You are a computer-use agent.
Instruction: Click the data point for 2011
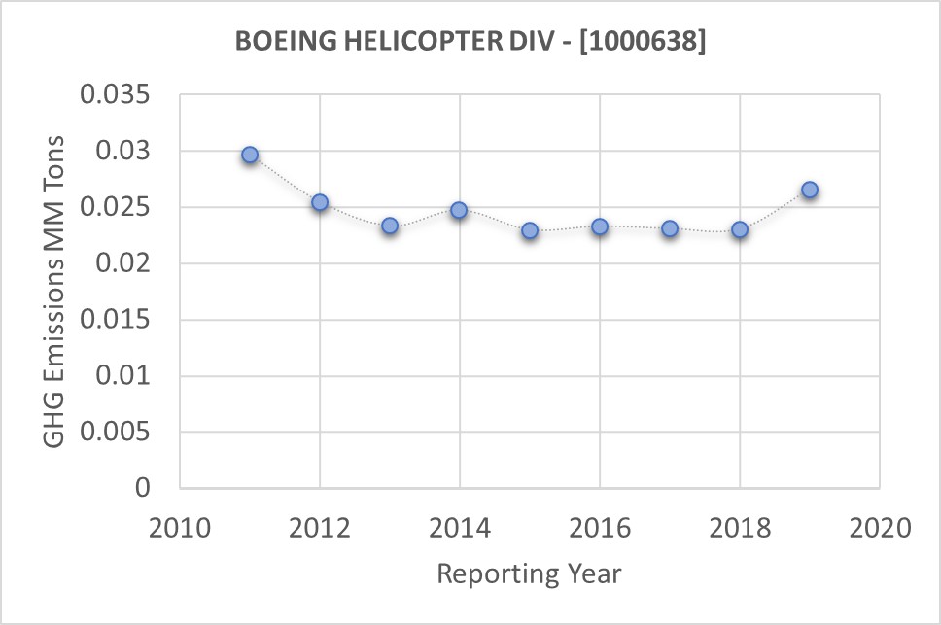tap(250, 155)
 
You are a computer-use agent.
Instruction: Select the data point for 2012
tap(320, 202)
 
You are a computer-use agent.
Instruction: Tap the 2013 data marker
tap(390, 226)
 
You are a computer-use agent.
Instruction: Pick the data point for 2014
tap(459, 210)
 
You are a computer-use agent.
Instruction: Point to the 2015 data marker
tap(530, 230)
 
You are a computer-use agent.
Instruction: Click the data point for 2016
tap(600, 226)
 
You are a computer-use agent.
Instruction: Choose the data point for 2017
tap(670, 228)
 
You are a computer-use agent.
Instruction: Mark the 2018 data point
tap(740, 229)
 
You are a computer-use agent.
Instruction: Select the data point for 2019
tap(810, 190)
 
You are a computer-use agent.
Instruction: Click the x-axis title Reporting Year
tap(529, 573)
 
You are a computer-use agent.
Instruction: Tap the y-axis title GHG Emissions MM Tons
tap(55, 292)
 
